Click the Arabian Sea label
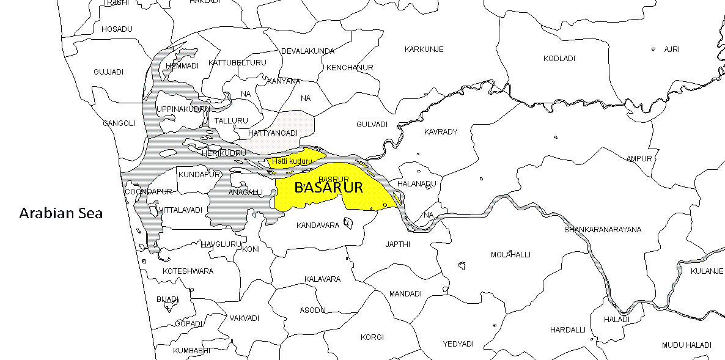(61, 214)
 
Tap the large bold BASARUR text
(328, 188)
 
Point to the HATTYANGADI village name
(273, 133)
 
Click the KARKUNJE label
(424, 49)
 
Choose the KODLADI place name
(559, 58)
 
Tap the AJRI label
(671, 49)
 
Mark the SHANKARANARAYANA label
(603, 230)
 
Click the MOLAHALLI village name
(510, 254)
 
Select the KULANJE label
(707, 271)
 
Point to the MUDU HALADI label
(686, 345)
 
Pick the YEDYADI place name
(458, 344)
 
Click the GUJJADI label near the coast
(108, 72)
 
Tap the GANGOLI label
(119, 123)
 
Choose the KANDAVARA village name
(317, 226)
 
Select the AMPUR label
(639, 159)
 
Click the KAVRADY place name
(440, 132)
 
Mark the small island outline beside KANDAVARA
(348, 223)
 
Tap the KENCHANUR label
(350, 67)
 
